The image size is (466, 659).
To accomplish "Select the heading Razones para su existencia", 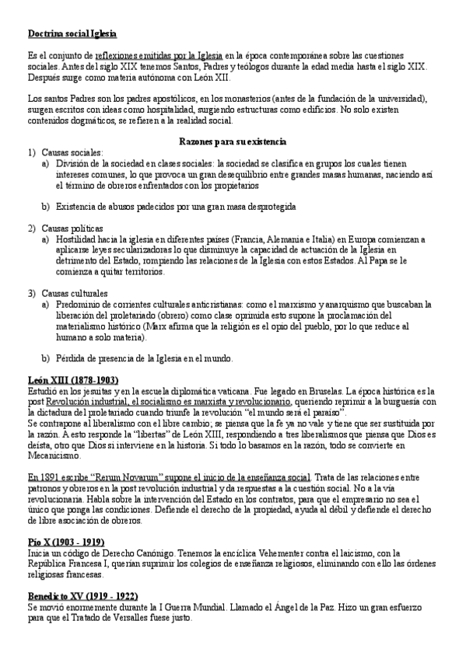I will click(x=233, y=142).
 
